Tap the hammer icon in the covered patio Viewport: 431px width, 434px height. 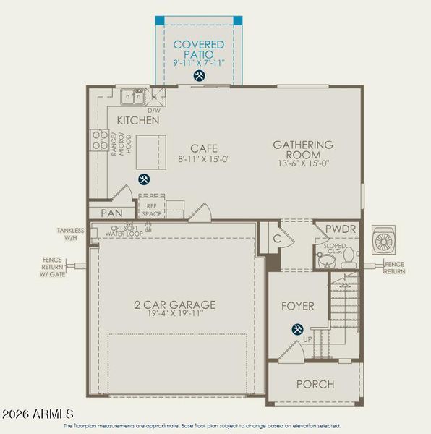(199, 75)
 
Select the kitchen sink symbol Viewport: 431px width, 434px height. (132, 95)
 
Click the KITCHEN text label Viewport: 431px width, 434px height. (138, 120)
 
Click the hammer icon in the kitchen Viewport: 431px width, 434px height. (144, 179)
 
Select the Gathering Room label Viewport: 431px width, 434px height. (303, 150)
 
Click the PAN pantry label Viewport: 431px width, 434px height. (111, 213)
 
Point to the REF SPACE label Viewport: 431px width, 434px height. (151, 210)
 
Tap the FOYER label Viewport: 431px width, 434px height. (297, 306)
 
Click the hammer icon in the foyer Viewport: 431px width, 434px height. (297, 330)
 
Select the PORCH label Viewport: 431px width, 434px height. (315, 384)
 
